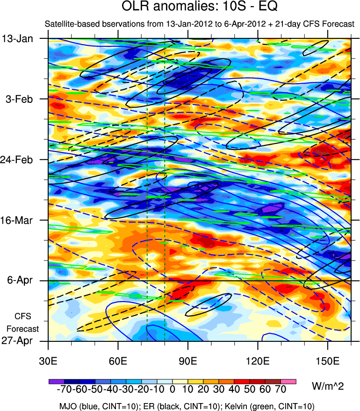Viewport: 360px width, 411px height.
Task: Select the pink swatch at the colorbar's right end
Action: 288,381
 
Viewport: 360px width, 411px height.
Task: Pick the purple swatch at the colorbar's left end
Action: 56,381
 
